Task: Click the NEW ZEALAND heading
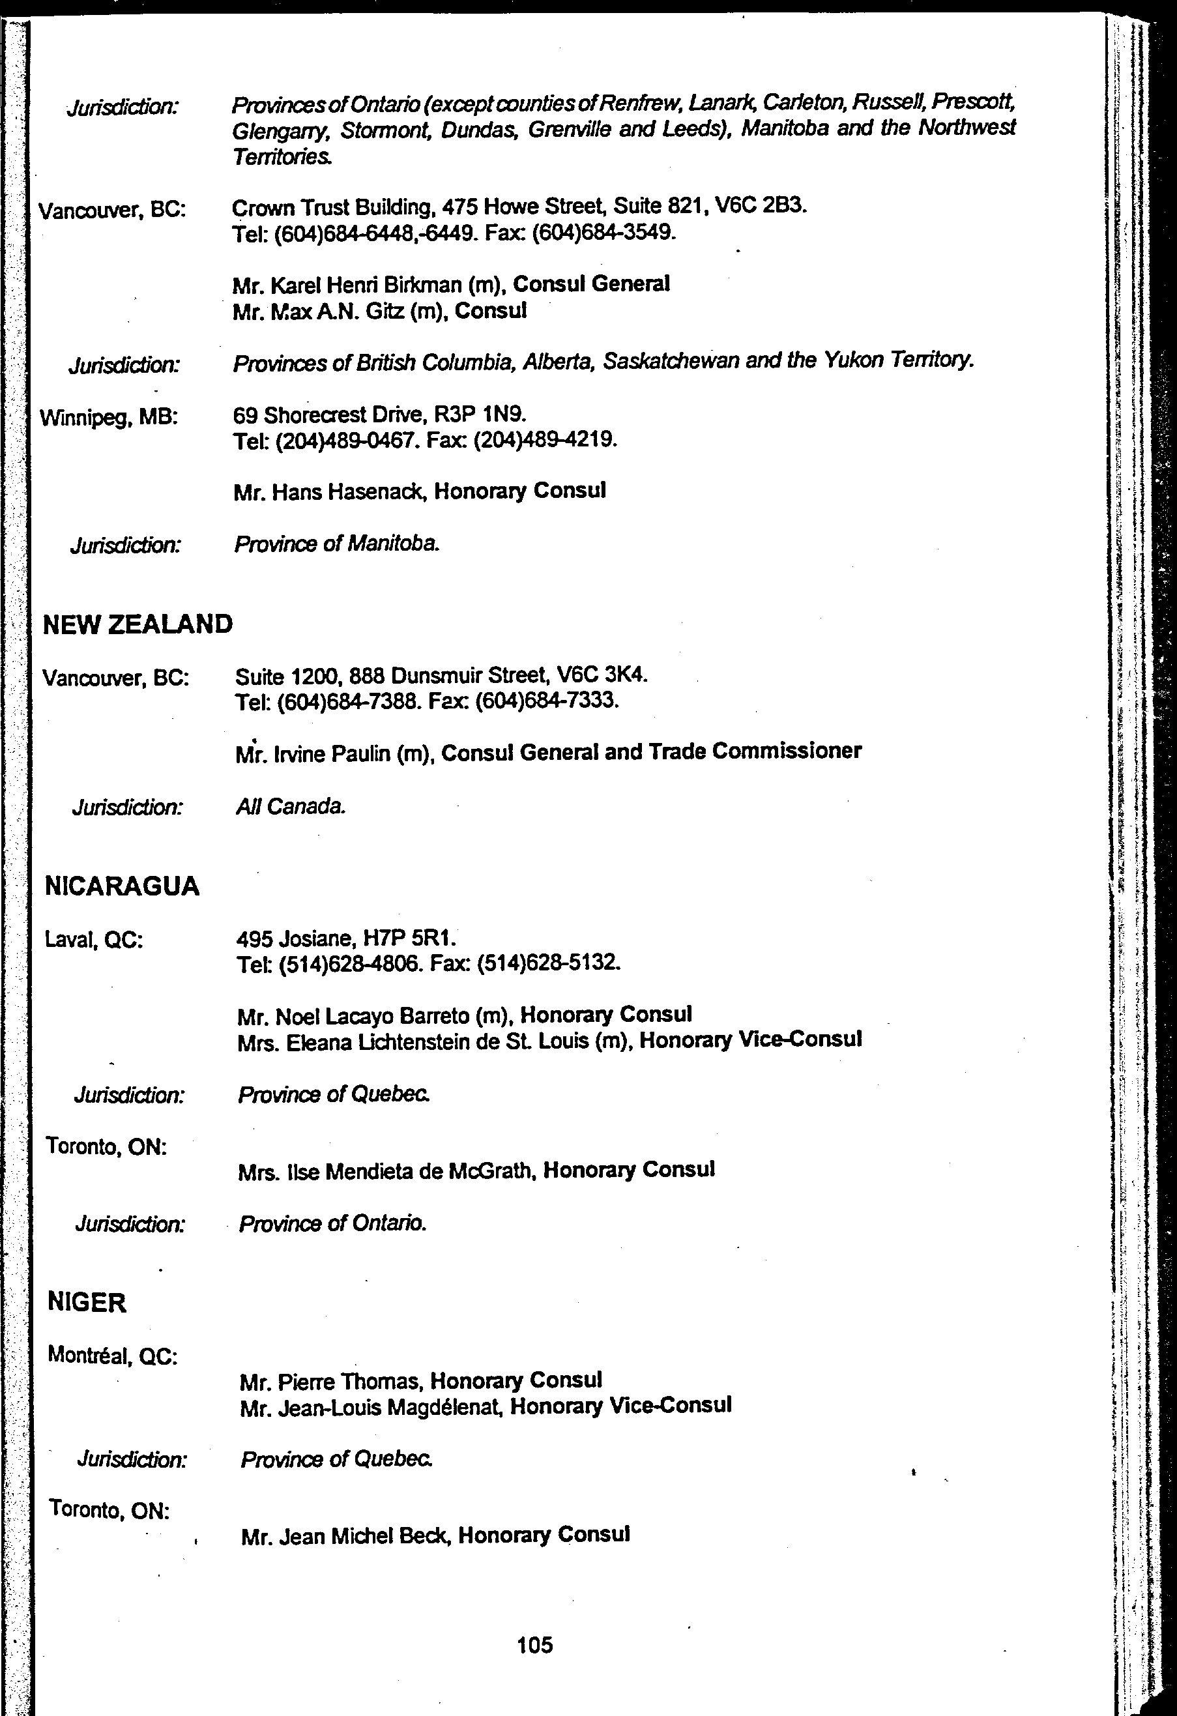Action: (138, 624)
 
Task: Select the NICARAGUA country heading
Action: (123, 886)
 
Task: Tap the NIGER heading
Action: (87, 1302)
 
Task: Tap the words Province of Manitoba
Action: (338, 544)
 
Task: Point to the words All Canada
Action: (291, 806)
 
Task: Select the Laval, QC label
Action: (94, 940)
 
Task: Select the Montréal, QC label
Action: (112, 1356)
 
